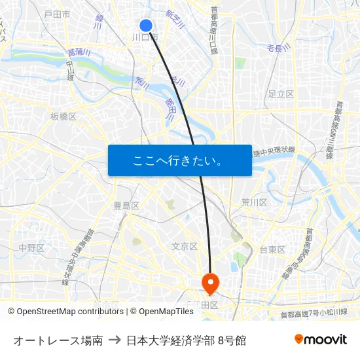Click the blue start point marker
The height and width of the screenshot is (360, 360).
146,26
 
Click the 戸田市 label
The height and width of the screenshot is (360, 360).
57,14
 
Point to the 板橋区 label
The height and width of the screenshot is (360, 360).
63,117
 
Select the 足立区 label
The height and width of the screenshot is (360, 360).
281,94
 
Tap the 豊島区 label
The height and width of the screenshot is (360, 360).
126,206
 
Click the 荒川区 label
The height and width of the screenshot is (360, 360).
254,202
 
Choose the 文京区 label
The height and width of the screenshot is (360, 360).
185,246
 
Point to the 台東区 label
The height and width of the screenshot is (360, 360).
272,249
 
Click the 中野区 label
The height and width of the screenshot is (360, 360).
31,248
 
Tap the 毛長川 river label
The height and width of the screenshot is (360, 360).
278,48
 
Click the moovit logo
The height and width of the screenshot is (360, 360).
320,339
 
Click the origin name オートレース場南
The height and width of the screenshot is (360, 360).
58,340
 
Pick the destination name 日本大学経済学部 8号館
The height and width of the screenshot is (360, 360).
187,340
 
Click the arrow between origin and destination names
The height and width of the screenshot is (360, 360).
115,340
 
